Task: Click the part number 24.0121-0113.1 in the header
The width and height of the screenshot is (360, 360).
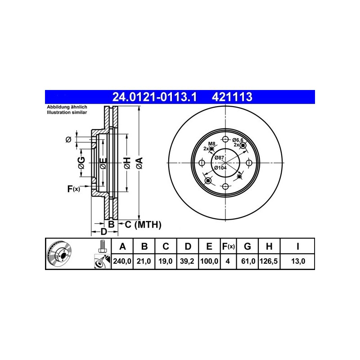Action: point(154,97)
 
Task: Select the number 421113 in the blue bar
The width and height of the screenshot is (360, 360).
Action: point(232,97)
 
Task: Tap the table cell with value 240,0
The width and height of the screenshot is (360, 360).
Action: point(122,261)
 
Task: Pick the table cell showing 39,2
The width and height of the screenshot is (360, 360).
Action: point(187,261)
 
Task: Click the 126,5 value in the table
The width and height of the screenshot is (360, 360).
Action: point(269,261)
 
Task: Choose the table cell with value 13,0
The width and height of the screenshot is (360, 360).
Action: point(298,261)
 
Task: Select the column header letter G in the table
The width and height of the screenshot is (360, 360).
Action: point(247,246)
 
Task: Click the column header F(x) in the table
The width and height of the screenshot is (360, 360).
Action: point(228,246)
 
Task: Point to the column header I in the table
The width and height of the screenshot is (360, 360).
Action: point(298,246)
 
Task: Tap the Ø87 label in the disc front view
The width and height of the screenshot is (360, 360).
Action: point(219,158)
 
